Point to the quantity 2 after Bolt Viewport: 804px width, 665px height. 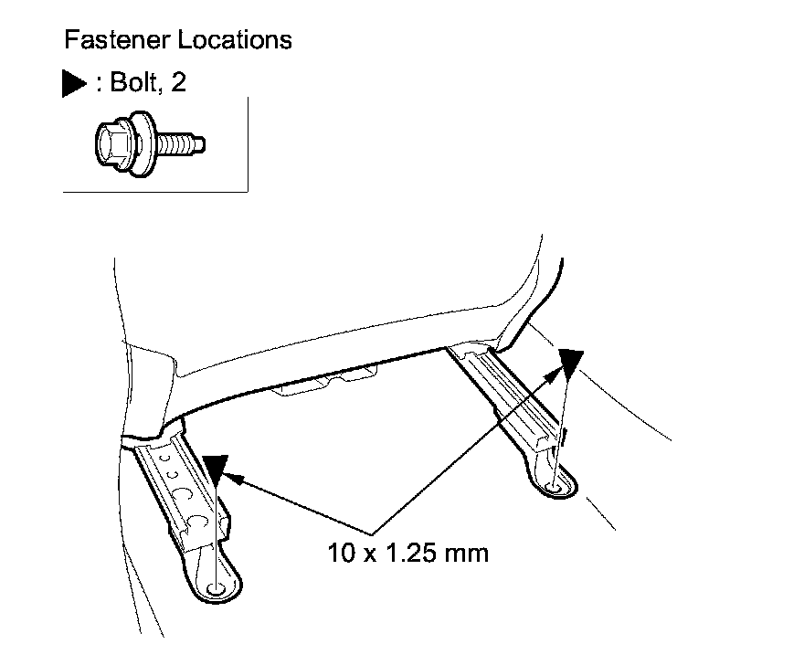pos(179,83)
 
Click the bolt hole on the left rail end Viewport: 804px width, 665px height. pos(217,588)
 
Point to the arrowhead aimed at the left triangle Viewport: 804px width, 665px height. pos(232,477)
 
